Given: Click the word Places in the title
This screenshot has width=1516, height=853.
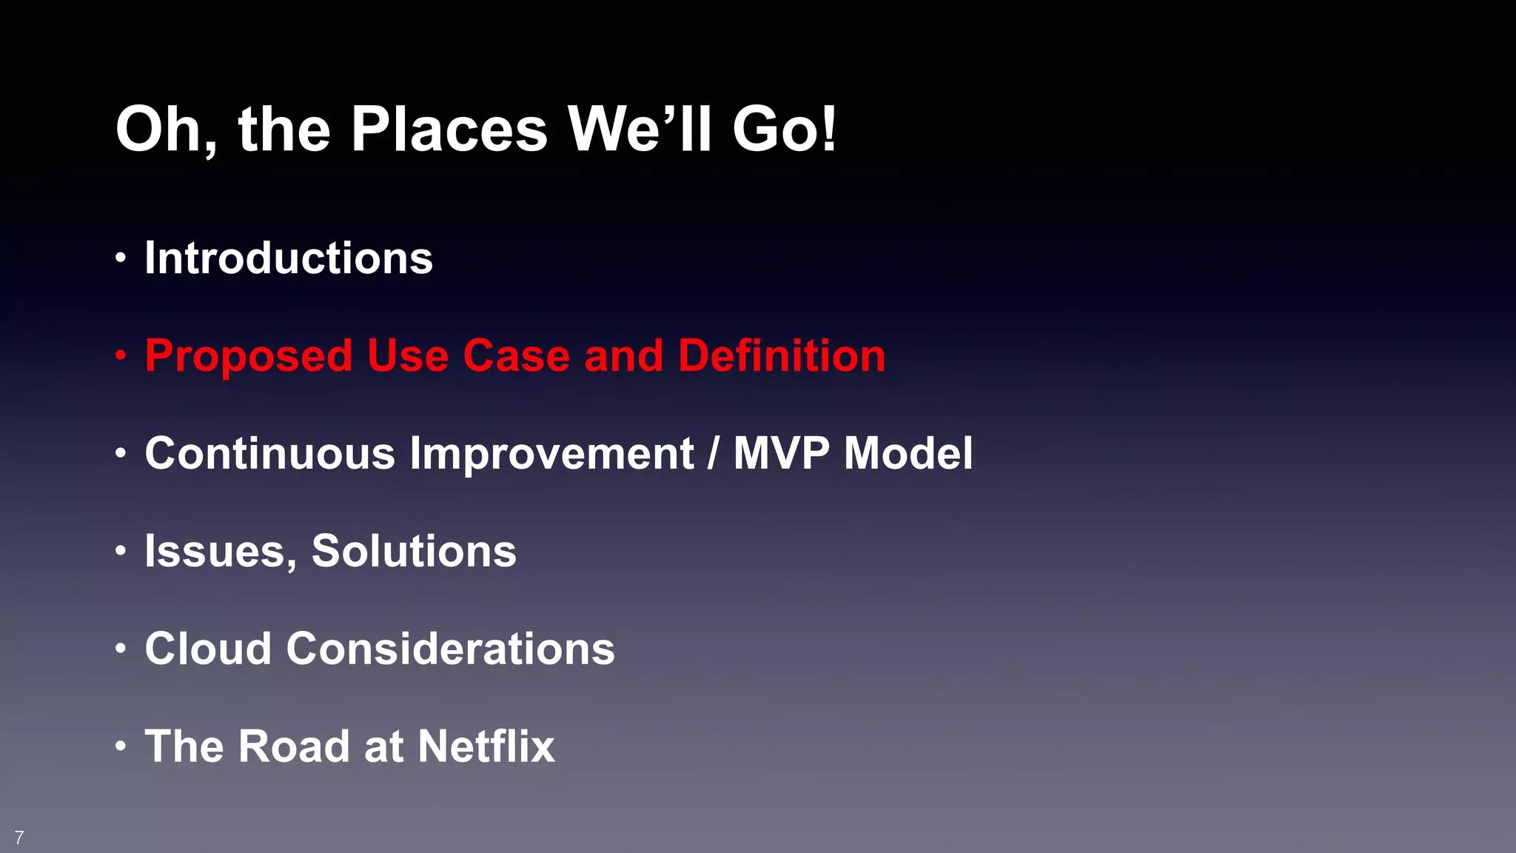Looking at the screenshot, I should (449, 130).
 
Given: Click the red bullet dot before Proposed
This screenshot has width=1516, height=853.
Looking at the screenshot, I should (121, 356).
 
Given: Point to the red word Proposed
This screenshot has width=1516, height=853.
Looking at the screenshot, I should (249, 357).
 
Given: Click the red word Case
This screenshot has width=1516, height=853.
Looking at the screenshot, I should (516, 355).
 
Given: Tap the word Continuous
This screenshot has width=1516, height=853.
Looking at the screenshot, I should (270, 453).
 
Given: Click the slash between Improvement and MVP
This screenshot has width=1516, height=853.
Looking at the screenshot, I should (713, 453).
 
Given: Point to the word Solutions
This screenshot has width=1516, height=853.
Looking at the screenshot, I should (414, 551).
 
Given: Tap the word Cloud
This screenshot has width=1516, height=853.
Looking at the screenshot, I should (208, 649).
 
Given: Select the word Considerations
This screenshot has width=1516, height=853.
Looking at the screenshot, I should (451, 649).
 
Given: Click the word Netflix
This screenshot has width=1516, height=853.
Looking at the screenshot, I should (486, 746).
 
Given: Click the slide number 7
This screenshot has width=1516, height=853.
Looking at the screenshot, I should (19, 837).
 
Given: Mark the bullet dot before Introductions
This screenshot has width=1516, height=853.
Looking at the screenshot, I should (121, 258).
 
